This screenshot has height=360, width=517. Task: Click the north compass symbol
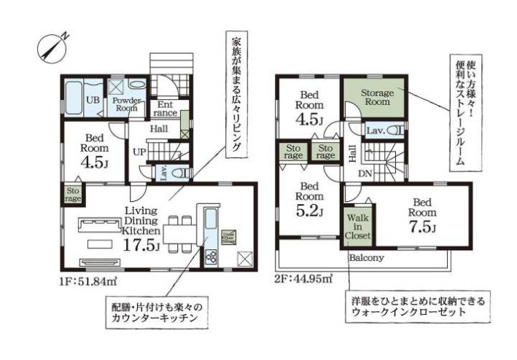[52, 45]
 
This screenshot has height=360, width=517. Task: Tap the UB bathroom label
[93, 99]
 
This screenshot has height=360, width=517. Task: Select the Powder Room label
[126, 103]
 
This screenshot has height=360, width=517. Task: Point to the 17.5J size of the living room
[141, 245]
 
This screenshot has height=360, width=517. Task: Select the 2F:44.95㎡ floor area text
[304, 278]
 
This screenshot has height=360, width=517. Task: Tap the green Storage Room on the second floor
[376, 98]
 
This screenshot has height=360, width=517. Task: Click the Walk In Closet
[357, 227]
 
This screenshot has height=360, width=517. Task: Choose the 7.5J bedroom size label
[422, 229]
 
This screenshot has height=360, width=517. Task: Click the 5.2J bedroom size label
[309, 211]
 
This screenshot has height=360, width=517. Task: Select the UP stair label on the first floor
[139, 152]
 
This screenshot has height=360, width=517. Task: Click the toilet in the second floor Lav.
[394, 131]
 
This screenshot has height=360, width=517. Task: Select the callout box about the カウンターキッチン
[153, 314]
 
